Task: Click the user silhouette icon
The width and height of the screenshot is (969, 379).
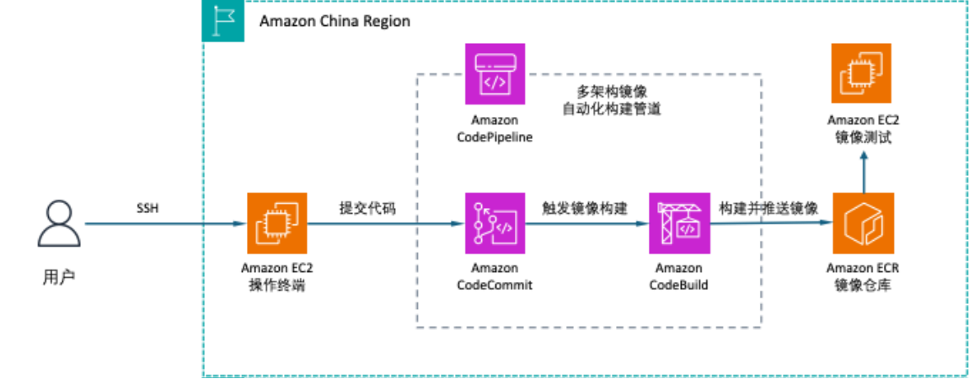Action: (59, 223)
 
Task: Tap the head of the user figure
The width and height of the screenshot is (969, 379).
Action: (59, 211)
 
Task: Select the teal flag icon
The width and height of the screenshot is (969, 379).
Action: (224, 22)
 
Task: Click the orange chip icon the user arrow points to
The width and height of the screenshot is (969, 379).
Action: (277, 223)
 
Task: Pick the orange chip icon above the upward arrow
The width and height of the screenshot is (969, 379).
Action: (861, 73)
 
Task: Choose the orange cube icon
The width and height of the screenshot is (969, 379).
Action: (864, 223)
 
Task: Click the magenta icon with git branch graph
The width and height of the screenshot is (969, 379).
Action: (495, 223)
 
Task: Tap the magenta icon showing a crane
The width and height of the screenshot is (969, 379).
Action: (679, 223)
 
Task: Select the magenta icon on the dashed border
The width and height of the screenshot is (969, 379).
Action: (495, 74)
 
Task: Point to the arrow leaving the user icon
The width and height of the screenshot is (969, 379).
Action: (160, 224)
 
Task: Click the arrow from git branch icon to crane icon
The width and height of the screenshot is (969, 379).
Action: (586, 224)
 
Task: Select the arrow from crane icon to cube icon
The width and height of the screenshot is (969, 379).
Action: (771, 223)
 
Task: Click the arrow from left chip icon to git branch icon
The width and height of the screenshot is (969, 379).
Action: (383, 224)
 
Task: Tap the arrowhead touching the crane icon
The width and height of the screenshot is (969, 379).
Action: (642, 224)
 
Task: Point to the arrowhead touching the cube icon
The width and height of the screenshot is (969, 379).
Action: (826, 223)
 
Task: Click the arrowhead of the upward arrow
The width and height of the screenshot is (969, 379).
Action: (864, 155)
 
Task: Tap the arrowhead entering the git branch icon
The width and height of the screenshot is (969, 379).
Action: (458, 224)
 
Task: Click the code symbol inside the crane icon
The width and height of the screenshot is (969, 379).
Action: (688, 228)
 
